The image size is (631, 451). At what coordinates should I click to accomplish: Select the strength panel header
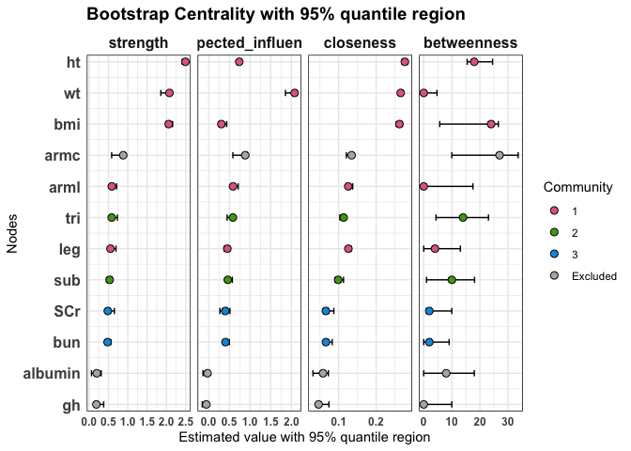click(138, 43)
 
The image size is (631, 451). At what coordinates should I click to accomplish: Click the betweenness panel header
click(469, 43)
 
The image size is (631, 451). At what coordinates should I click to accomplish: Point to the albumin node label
click(52, 374)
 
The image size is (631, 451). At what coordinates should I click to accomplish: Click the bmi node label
click(66, 124)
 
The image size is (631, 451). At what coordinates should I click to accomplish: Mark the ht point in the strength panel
click(185, 62)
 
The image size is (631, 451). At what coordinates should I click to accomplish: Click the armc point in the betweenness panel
click(500, 155)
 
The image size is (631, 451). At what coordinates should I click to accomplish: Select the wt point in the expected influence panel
click(294, 93)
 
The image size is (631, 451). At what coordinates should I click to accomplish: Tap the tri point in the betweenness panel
click(463, 217)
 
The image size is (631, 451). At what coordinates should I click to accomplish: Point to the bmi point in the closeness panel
click(399, 124)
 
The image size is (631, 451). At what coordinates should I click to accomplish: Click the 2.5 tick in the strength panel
click(185, 423)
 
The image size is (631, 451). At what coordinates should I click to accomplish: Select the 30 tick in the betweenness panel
click(508, 423)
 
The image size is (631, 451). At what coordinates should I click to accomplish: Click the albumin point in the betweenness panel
click(446, 373)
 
